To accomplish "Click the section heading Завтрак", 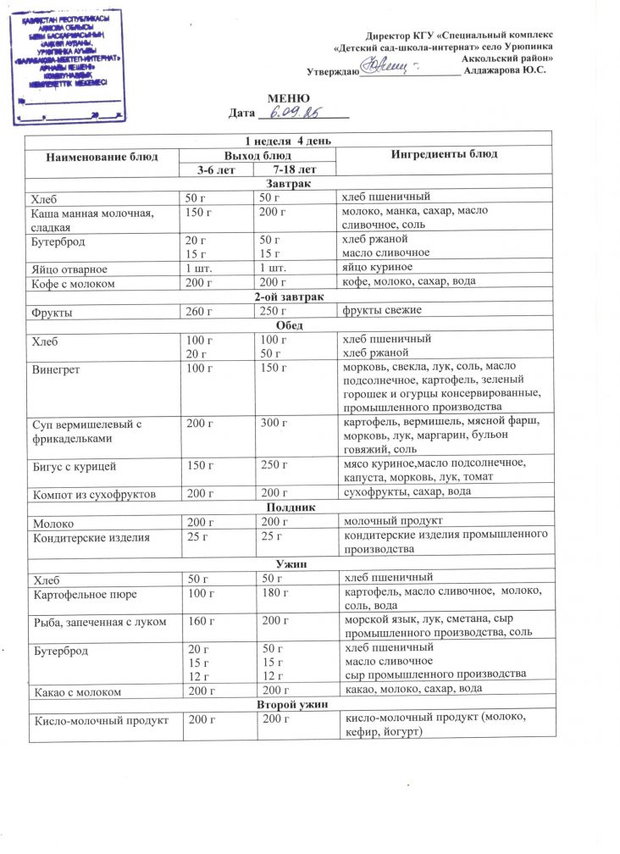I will [x=288, y=184].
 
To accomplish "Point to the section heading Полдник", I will [x=288, y=507].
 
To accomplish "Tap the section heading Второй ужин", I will [x=288, y=705].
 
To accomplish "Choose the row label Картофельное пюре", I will [x=84, y=596].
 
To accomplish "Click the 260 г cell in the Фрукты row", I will [x=197, y=312].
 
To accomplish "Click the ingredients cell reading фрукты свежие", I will [x=381, y=311].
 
